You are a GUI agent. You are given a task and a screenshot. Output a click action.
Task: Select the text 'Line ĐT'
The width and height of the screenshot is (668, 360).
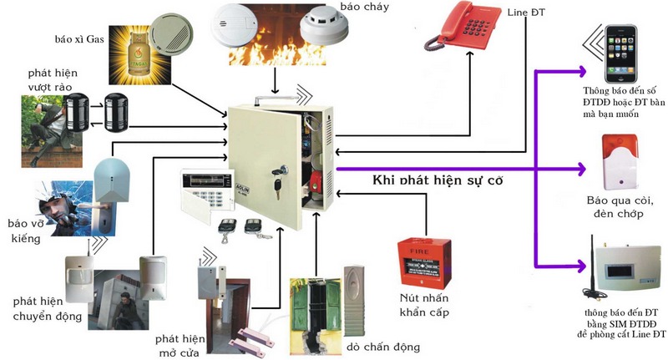pyautogui.click(x=526, y=12)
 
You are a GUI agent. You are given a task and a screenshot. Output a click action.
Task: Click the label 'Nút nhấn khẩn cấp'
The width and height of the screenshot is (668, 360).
pyautogui.click(x=423, y=305)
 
